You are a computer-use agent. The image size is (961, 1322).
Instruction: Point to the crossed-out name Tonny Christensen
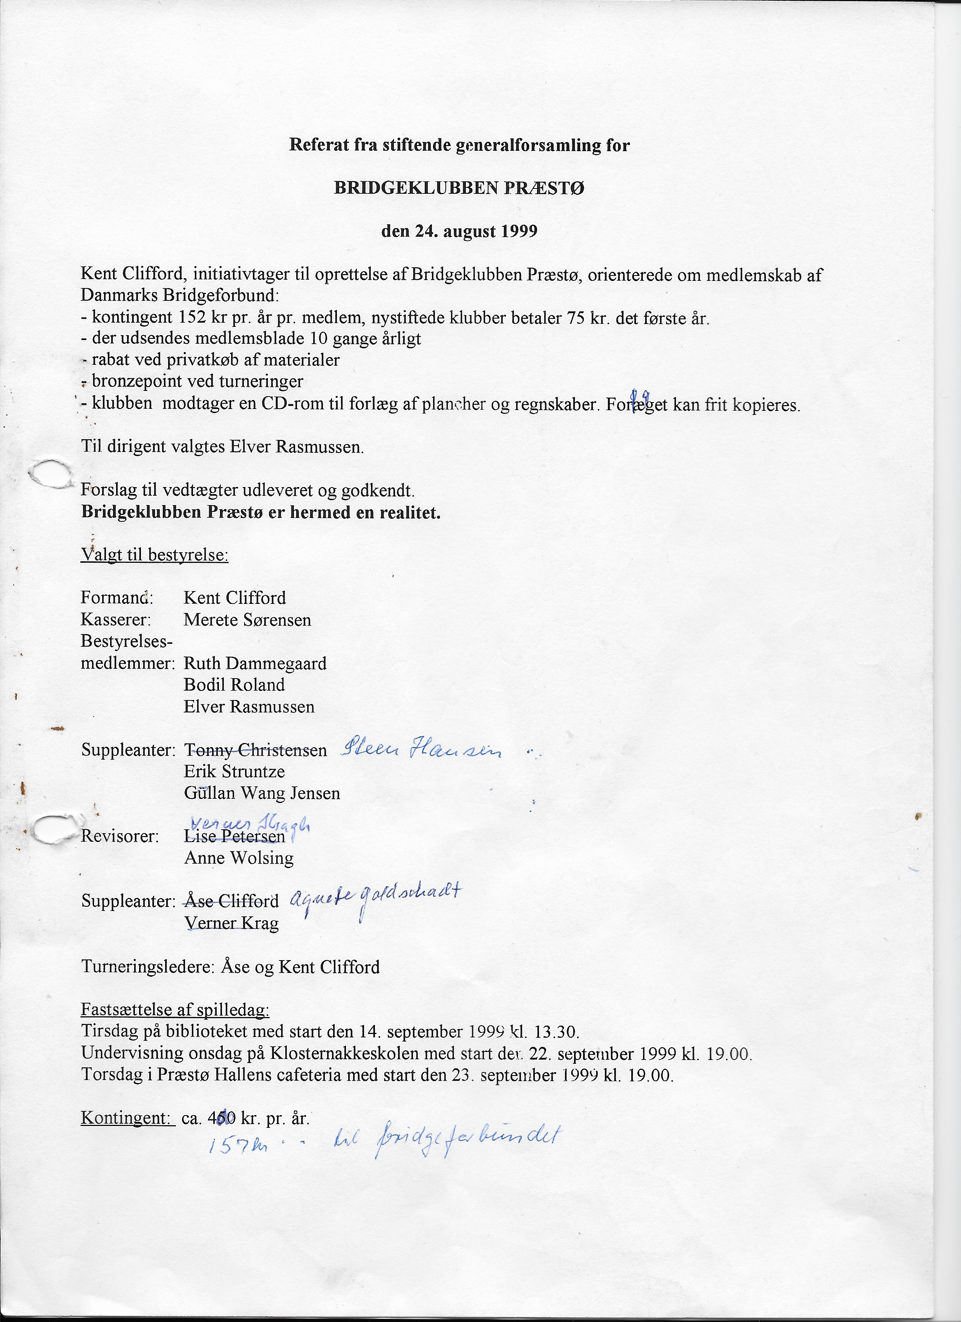[255, 750]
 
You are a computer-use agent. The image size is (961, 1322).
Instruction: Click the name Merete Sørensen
[247, 620]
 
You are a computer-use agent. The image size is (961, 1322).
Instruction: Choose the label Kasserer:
[116, 620]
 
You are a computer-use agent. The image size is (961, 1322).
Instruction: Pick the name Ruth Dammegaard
[255, 663]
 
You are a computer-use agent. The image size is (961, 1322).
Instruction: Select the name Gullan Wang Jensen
[262, 794]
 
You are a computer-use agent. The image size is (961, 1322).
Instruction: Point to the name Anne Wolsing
[238, 858]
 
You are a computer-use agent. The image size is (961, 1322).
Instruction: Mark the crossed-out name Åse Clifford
[231, 901]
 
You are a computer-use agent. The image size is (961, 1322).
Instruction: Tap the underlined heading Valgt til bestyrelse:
[155, 555]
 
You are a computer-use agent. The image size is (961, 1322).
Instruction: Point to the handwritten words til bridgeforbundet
[454, 1140]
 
